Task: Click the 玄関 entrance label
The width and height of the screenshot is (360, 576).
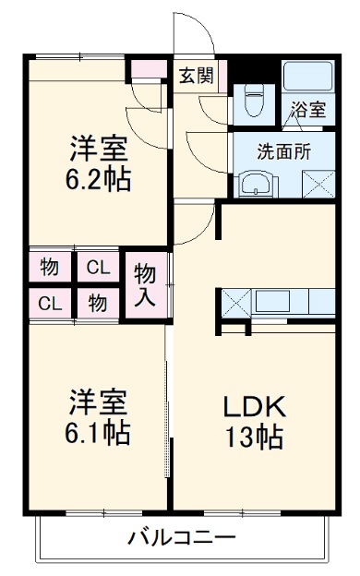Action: [196, 75]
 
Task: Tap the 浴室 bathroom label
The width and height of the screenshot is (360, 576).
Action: [307, 110]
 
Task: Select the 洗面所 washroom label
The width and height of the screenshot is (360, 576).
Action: [282, 152]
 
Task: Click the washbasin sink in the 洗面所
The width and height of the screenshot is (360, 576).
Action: [254, 185]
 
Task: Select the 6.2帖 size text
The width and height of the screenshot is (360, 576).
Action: [96, 177]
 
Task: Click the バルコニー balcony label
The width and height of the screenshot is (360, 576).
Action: [182, 536]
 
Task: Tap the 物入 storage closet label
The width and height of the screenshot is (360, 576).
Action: [145, 285]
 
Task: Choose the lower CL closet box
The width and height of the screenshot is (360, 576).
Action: [50, 303]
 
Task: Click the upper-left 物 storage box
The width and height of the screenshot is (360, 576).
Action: [50, 268]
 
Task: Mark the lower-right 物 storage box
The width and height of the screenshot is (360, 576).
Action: [97, 303]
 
